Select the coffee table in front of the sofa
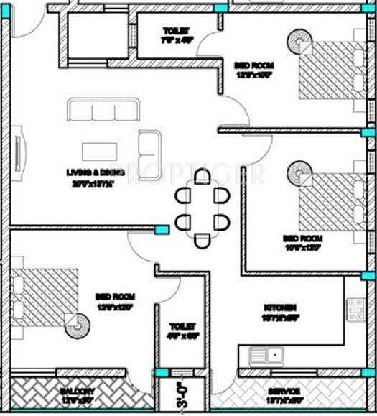[x=99, y=151]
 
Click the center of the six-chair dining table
[x=203, y=208]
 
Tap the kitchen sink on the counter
[x=266, y=354]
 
